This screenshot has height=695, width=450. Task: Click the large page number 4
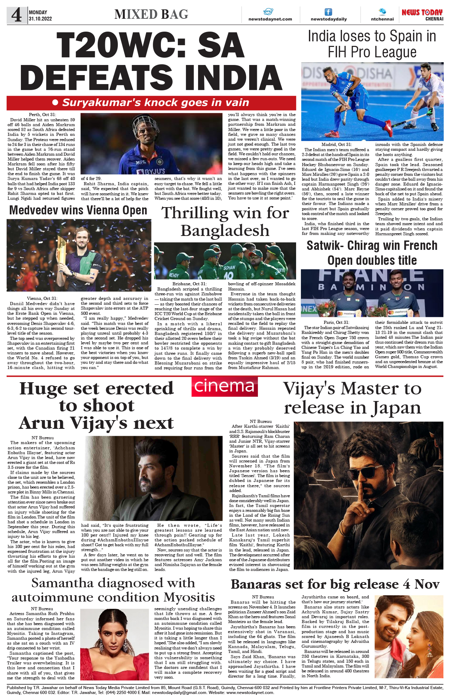tap(16, 15)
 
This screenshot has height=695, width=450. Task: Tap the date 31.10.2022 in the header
tap(40, 19)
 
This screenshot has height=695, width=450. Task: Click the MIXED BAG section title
tap(151, 14)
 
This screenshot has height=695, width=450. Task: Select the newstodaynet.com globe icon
tap(268, 11)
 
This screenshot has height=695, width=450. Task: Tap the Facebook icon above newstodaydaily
tap(328, 12)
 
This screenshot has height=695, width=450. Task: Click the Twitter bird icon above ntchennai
tap(382, 11)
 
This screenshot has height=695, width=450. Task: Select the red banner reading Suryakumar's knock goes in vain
tap(151, 103)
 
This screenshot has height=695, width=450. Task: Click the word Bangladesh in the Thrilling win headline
tap(225, 230)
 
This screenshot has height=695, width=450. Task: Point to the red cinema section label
tap(224, 386)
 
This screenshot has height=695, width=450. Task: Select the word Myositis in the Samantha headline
tap(189, 597)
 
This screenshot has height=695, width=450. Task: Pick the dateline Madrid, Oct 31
tap(336, 144)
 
